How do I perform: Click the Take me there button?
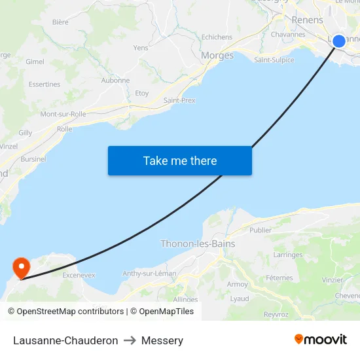click(x=180, y=160)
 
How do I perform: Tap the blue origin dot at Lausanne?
click(x=338, y=41)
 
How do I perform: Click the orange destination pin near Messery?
click(x=22, y=267)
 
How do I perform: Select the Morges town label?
click(x=217, y=56)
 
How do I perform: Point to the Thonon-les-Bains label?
click(x=198, y=243)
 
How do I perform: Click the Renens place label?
click(x=307, y=20)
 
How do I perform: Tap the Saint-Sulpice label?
click(x=274, y=60)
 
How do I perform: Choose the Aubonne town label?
click(x=115, y=81)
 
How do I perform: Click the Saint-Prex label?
click(x=179, y=100)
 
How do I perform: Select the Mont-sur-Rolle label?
click(x=63, y=114)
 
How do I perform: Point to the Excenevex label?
click(x=79, y=276)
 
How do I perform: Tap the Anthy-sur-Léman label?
click(x=149, y=274)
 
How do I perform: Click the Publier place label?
click(x=260, y=230)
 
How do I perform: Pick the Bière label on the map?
click(x=60, y=22)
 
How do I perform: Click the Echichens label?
click(x=217, y=37)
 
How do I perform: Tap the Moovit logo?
click(x=320, y=339)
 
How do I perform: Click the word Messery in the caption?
click(x=162, y=340)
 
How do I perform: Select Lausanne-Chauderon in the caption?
click(x=65, y=340)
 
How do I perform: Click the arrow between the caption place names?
click(x=130, y=340)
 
